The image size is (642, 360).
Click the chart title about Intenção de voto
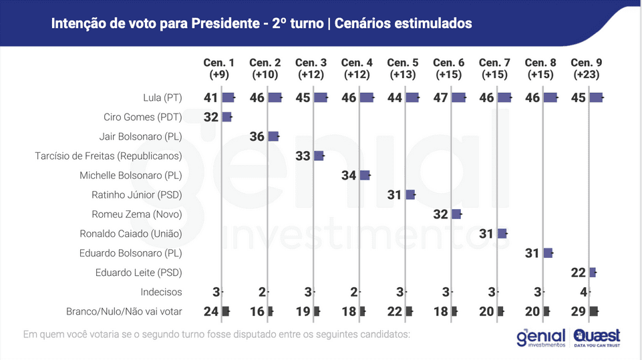click(x=261, y=23)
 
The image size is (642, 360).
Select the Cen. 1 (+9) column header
click(x=219, y=68)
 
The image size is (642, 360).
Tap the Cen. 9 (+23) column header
click(x=587, y=68)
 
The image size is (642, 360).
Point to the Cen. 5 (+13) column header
click(x=403, y=68)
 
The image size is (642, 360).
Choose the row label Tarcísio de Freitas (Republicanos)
click(x=108, y=156)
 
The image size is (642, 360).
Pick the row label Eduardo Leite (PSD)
click(x=138, y=273)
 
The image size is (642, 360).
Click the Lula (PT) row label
click(x=162, y=98)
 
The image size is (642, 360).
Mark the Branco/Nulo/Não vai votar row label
click(x=124, y=311)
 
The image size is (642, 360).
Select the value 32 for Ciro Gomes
click(x=211, y=117)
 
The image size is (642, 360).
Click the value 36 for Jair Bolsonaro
click(x=257, y=136)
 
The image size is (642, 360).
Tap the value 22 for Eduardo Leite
click(x=579, y=273)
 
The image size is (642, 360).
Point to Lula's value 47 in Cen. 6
click(x=440, y=98)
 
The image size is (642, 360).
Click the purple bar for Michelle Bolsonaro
click(x=364, y=175)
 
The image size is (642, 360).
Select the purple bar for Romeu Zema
click(x=456, y=214)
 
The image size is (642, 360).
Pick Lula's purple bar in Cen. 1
click(x=228, y=98)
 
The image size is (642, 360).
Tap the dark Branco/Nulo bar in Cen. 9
click(x=593, y=311)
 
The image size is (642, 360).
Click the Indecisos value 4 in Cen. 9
click(x=583, y=292)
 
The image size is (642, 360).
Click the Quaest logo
click(x=597, y=337)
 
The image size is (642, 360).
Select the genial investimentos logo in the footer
click(x=540, y=337)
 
